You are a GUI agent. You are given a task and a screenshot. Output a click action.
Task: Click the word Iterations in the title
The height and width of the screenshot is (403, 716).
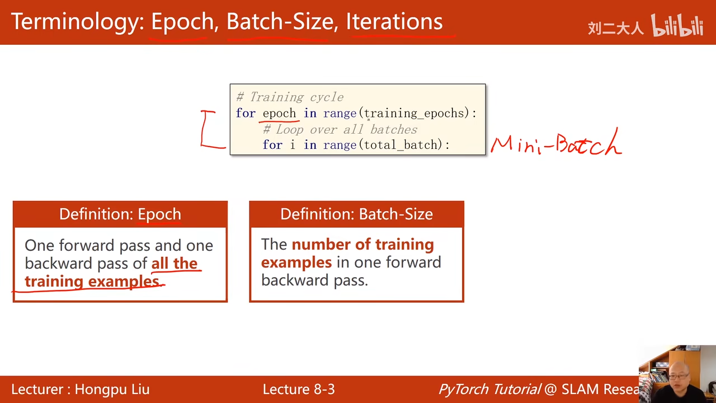[394, 21]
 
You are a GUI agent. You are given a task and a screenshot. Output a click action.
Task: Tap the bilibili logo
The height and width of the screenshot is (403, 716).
[677, 25]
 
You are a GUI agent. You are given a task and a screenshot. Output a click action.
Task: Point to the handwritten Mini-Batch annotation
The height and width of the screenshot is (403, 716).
[556, 143]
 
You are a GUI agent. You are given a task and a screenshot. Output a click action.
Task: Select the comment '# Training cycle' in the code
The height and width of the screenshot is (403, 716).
[290, 97]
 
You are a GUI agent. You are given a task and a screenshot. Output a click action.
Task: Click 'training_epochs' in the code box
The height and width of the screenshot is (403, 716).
[414, 114]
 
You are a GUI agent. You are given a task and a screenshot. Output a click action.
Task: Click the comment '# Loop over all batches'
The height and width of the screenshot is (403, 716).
[340, 129]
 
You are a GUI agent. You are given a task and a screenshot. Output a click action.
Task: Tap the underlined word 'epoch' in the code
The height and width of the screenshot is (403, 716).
[279, 114]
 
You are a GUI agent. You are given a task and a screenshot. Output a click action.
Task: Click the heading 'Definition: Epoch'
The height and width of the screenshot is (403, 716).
[120, 214]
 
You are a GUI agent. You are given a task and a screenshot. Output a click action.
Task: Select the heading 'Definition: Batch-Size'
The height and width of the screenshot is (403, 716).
[357, 214]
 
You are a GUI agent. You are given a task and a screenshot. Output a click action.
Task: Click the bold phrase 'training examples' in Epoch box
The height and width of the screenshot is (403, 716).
[92, 281]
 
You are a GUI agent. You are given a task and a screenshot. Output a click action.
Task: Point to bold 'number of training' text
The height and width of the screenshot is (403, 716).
[363, 245]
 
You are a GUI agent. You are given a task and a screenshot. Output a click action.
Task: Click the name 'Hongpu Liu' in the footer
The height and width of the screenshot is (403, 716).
[112, 390]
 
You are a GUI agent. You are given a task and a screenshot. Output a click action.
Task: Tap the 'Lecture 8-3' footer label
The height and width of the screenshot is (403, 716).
[299, 389]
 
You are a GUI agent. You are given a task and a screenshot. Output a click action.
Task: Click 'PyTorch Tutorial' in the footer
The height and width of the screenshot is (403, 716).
[489, 390]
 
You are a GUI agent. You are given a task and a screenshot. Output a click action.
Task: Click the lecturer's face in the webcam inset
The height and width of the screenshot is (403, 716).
[679, 375]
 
